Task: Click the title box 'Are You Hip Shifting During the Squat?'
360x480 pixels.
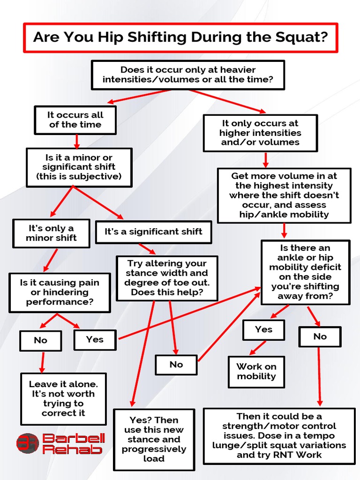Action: pos(180,37)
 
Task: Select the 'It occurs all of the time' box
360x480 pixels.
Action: pos(75,120)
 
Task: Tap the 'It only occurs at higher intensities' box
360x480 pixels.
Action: pos(260,133)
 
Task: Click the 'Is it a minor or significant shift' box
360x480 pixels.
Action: pos(79,167)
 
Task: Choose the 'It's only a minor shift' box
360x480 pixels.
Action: pos(51,233)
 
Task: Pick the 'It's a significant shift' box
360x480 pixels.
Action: pos(153,232)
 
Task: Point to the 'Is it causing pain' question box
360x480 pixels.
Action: pos(60,292)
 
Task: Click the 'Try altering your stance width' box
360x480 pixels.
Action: pos(167,278)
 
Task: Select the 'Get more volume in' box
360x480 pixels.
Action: pos(284,195)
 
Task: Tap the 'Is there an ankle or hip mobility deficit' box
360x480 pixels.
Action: pos(305,272)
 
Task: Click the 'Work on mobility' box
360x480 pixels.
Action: pos(256,372)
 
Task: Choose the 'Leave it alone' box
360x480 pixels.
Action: pos(63,399)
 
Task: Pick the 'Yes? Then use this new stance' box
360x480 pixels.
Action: pos(154,439)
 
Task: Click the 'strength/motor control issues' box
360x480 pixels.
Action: pos(279,436)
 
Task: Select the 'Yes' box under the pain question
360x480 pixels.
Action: pos(95,340)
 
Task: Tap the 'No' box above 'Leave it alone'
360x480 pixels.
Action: pos(40,341)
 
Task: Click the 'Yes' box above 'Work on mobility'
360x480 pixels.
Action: pos(263,330)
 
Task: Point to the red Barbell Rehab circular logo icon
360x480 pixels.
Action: pos(27,443)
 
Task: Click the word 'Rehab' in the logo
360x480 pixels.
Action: pos(72,450)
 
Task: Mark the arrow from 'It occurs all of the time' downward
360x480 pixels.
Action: pos(77,141)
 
